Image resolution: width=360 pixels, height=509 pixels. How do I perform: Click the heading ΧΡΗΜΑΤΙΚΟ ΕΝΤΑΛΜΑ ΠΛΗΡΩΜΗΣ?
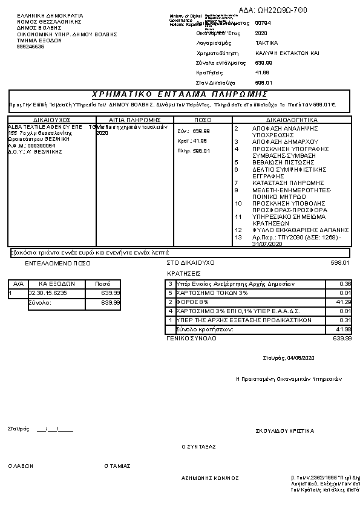(179, 94)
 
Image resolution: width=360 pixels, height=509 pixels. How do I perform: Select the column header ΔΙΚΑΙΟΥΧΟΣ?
(52, 120)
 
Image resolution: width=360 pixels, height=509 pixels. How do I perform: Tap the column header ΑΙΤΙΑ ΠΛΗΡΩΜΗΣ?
(134, 120)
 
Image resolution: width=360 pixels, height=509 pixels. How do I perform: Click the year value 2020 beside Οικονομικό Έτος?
(261, 33)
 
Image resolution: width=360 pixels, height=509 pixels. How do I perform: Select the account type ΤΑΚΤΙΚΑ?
(267, 43)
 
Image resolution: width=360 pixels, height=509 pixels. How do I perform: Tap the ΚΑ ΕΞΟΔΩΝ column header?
(56, 284)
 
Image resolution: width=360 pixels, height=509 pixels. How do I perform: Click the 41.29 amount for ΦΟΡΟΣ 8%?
(344, 302)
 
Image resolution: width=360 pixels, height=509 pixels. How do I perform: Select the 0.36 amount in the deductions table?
(345, 284)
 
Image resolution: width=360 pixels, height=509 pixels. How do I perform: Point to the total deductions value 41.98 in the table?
(344, 329)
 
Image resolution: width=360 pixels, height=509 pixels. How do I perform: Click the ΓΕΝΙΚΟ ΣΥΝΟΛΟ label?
(191, 339)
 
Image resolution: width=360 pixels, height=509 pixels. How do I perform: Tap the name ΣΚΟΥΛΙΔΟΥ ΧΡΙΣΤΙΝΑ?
(285, 431)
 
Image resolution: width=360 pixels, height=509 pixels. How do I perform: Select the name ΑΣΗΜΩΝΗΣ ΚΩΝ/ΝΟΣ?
(210, 478)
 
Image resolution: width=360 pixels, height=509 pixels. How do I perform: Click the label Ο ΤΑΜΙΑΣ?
(117, 466)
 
